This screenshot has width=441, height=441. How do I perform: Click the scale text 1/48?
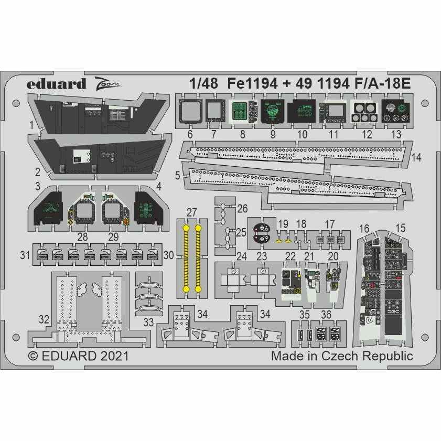coord(201,84)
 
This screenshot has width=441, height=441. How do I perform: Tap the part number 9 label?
coord(273,135)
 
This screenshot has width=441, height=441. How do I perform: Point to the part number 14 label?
coord(416,157)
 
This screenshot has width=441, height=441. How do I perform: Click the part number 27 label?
coord(191,212)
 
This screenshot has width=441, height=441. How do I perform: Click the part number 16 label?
coord(364,229)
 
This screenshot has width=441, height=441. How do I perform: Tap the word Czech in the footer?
coord(354,357)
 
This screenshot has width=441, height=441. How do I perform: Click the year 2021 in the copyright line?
coord(112,357)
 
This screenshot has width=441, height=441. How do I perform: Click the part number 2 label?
coord(37,171)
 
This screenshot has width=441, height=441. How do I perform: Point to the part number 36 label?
coord(326,315)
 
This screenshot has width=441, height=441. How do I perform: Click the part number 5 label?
coord(178,177)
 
